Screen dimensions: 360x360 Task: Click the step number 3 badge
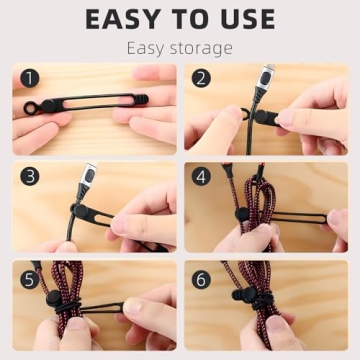tap(30, 176)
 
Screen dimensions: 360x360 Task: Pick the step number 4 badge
tap(203, 176)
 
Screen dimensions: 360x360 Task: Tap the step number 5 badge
tap(30, 276)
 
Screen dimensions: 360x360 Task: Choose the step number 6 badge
tap(203, 277)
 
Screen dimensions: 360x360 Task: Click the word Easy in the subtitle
tap(151, 48)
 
